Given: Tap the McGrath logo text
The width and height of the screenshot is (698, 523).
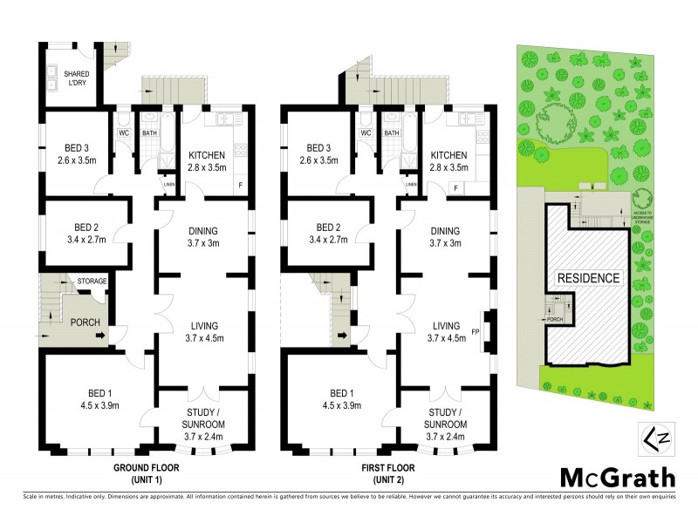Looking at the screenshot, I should click(x=616, y=478).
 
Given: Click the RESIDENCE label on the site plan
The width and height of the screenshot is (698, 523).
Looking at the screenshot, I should click(x=590, y=278).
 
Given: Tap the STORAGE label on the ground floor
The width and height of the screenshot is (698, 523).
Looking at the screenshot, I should click(x=92, y=282).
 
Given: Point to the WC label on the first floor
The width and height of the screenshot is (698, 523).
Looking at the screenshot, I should click(x=365, y=133).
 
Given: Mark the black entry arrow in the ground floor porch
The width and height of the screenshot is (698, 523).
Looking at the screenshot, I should click(x=108, y=334).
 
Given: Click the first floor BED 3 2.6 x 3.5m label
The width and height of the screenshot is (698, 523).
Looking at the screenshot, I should click(x=318, y=154).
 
